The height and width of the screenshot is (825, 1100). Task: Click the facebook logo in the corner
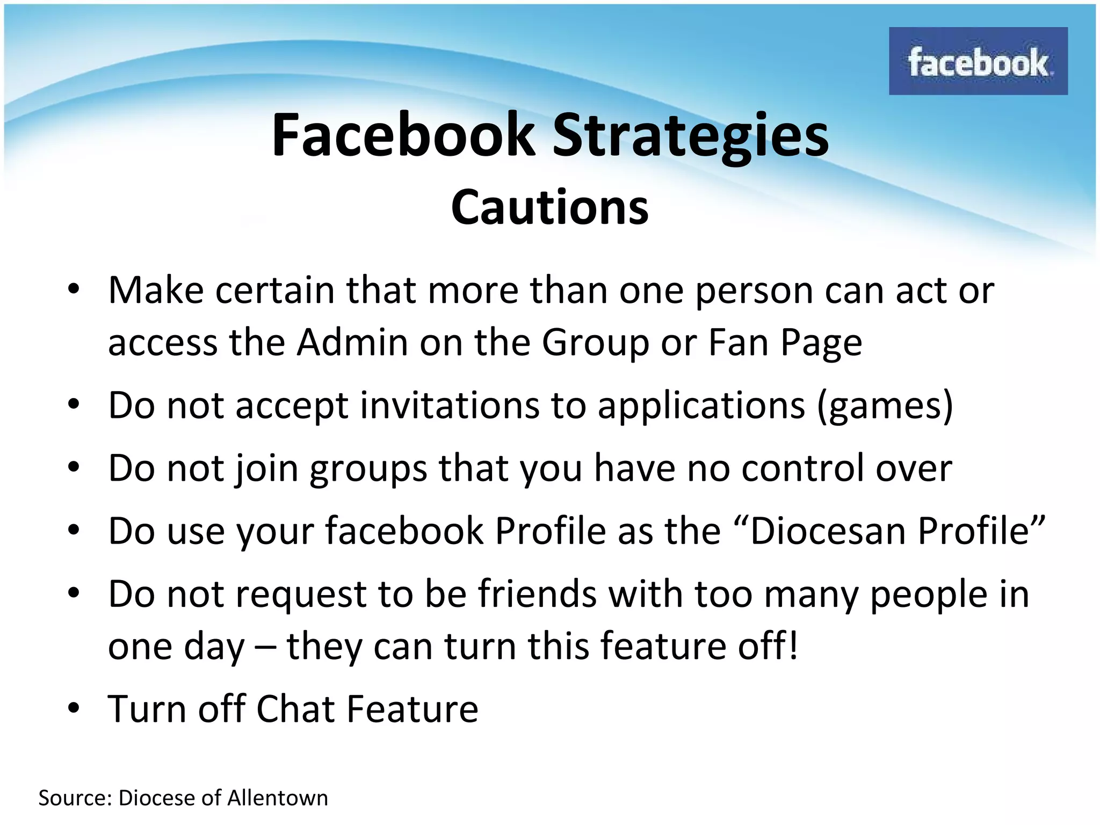tap(978, 61)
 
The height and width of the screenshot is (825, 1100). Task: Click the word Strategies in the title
tap(691, 136)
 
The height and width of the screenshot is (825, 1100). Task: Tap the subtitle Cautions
tap(549, 207)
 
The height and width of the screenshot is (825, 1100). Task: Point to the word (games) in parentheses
tap(885, 406)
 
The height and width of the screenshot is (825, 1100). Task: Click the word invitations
tap(450, 405)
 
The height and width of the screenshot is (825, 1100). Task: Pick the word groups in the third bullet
tap(368, 469)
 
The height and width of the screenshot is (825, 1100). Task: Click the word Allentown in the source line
tap(278, 798)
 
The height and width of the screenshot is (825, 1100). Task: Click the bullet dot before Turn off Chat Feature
tap(74, 708)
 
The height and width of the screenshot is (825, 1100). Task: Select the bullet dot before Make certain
tap(74, 290)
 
